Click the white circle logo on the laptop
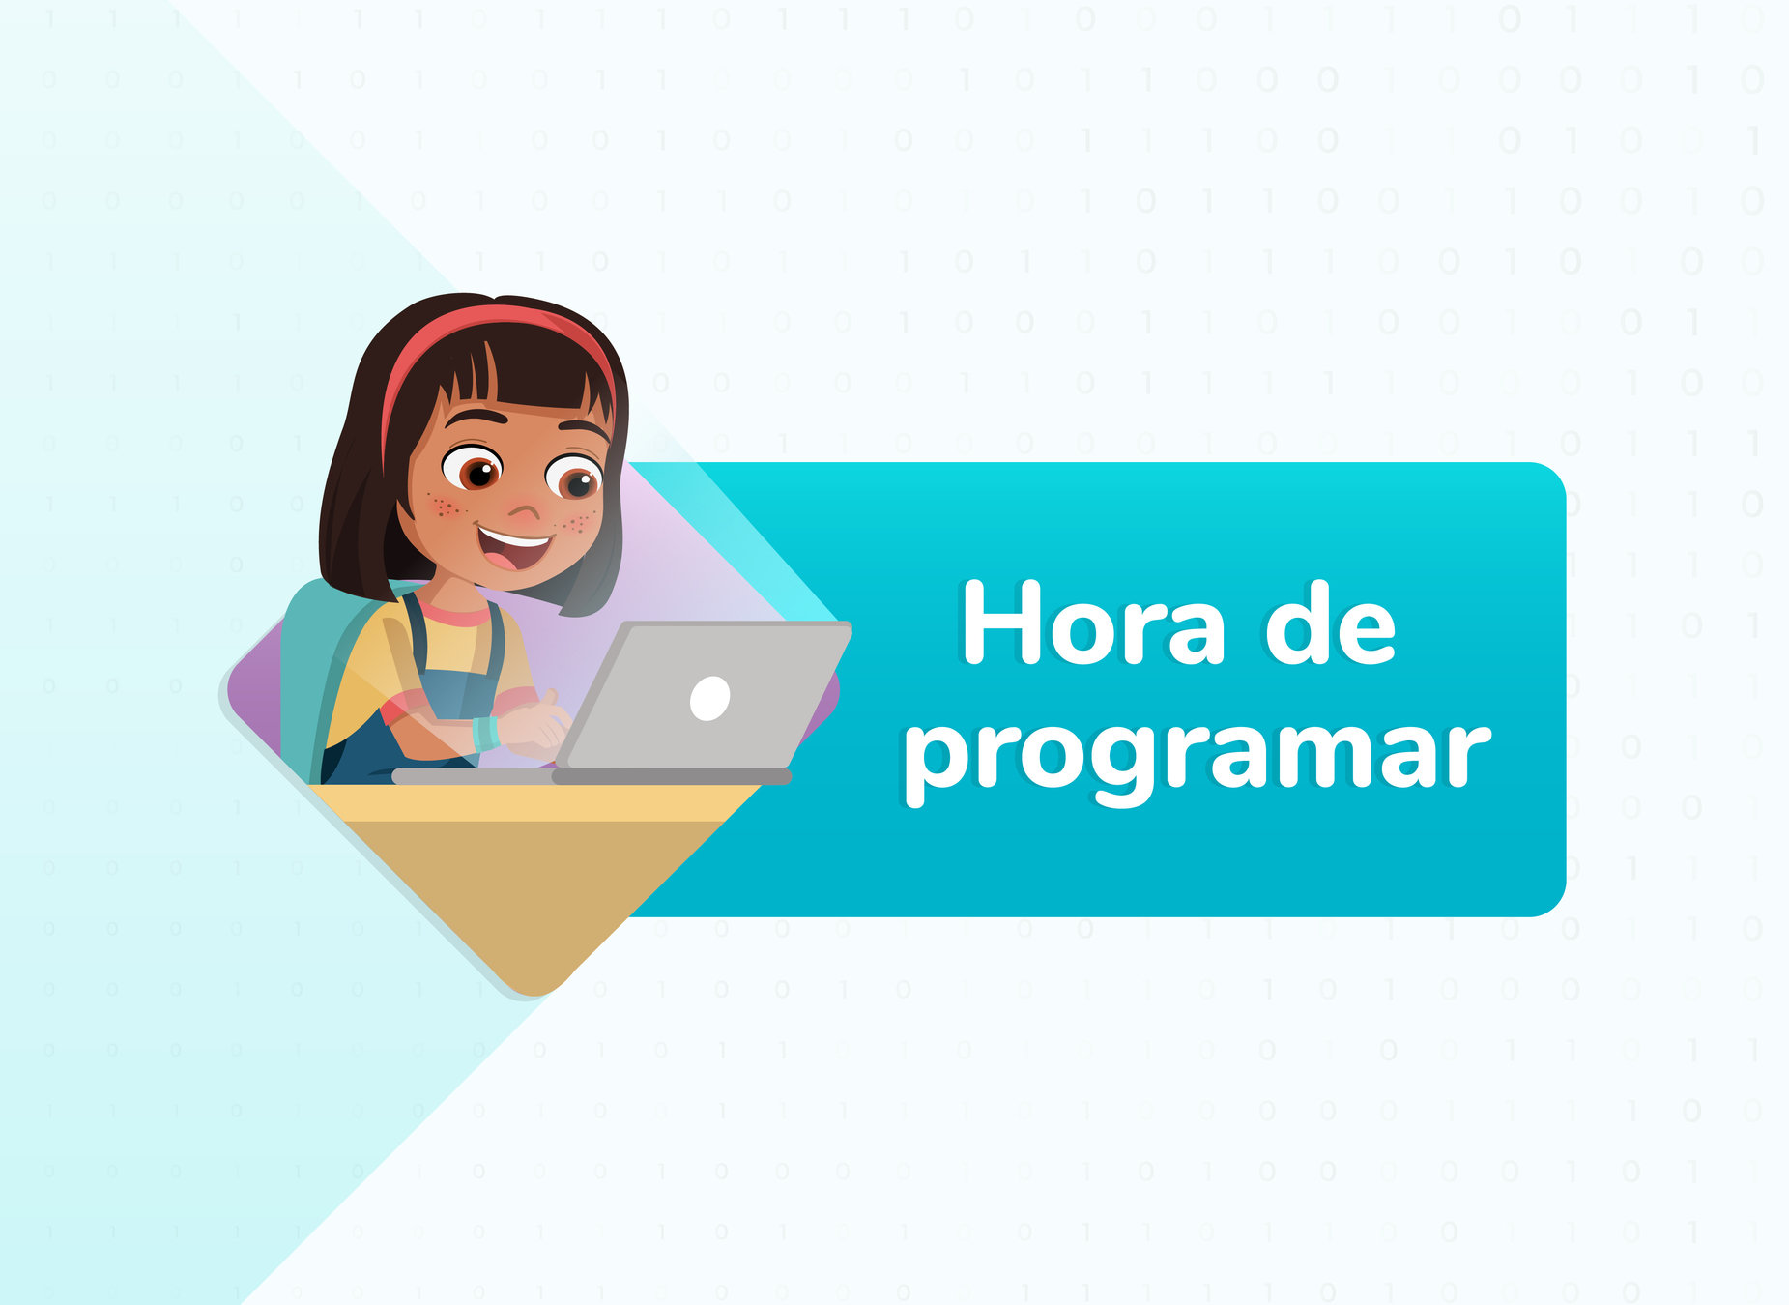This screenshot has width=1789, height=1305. coord(709,698)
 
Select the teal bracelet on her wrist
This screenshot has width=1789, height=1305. coord(485,735)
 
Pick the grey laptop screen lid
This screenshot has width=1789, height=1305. coord(704,695)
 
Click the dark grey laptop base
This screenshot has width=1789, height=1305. coord(592,776)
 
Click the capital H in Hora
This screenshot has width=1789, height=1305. coord(995,623)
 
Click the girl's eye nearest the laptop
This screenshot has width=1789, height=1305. coord(576,478)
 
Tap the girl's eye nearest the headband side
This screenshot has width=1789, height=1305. coord(474,469)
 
